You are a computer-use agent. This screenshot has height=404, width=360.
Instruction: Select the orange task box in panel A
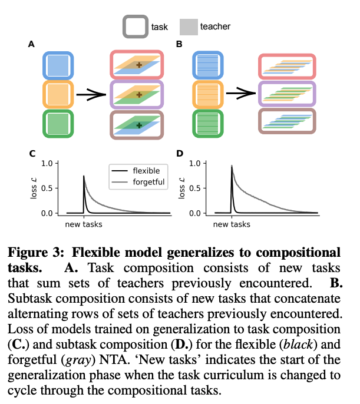click(58, 95)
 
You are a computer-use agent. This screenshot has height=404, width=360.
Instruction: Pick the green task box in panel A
click(58, 124)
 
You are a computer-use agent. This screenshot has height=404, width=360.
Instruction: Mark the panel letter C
click(31, 154)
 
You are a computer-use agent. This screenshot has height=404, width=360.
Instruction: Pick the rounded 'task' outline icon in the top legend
click(135, 27)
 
